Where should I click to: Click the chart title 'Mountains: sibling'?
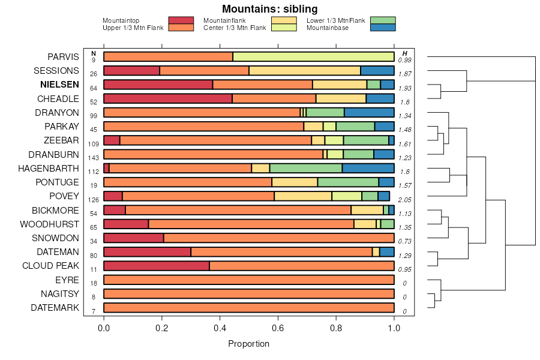coord(269,9)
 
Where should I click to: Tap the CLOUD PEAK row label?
coord(50,265)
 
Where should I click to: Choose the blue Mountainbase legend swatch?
coord(383,28)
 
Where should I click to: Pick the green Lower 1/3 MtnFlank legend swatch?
coord(383,20)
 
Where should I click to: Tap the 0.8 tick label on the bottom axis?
coord(336,329)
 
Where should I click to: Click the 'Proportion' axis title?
coord(248,344)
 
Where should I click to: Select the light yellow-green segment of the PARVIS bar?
coord(313,57)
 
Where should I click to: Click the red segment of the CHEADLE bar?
coord(168,98)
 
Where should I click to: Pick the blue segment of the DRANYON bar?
coord(369,112)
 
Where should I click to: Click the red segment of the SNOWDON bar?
coord(133,238)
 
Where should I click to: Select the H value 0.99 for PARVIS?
coord(404,60)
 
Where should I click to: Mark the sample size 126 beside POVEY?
coord(94,199)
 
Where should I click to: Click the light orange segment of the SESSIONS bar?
coord(304,71)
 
